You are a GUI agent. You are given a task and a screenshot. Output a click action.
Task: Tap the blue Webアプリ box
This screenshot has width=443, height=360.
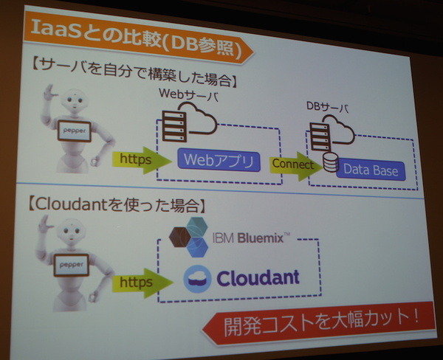(219, 159)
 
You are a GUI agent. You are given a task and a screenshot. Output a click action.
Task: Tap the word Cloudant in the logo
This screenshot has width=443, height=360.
(258, 278)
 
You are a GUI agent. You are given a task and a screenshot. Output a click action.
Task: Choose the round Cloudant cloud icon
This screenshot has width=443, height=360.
(197, 278)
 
